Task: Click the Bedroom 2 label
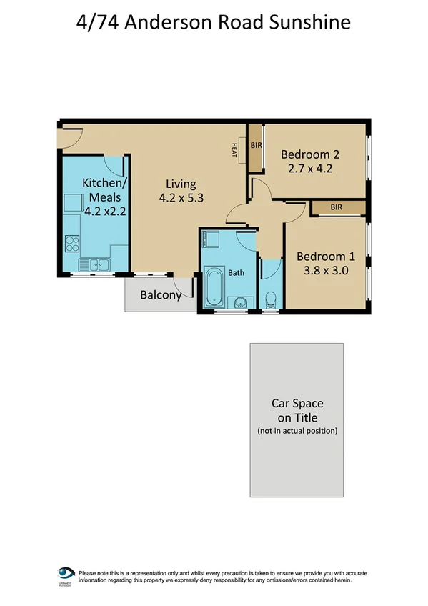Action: pyautogui.click(x=309, y=154)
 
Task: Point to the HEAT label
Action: pyautogui.click(x=233, y=149)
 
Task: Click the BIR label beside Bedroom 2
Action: pyautogui.click(x=256, y=146)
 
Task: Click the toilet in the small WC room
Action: pyautogui.click(x=270, y=300)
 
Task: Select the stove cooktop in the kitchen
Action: pyautogui.click(x=72, y=245)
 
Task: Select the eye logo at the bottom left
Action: pyautogui.click(x=66, y=573)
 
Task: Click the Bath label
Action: pyautogui.click(x=236, y=272)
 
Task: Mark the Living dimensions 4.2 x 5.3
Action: pyautogui.click(x=181, y=198)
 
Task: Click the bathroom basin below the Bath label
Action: pyautogui.click(x=242, y=301)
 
